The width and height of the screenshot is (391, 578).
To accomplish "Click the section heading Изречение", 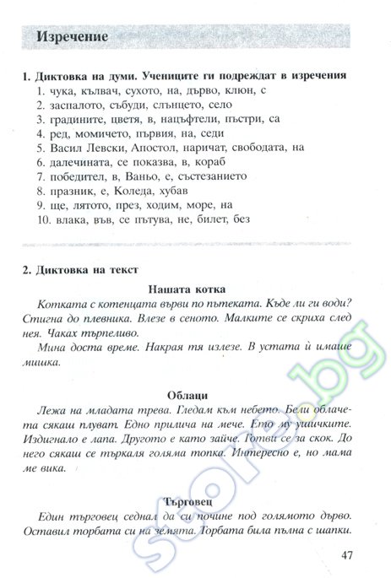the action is (x=72, y=39).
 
